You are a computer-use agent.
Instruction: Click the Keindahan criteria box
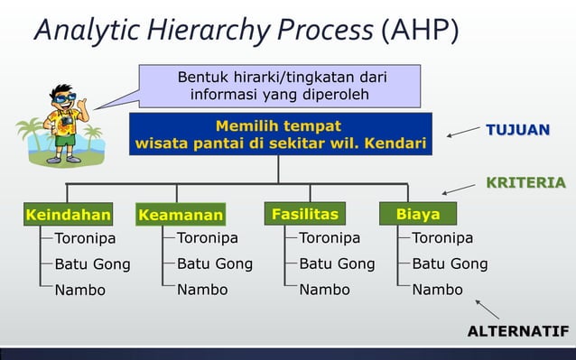[68, 215]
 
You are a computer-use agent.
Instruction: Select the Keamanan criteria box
[181, 216]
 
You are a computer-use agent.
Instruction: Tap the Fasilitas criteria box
[305, 214]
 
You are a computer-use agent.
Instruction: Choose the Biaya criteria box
[418, 214]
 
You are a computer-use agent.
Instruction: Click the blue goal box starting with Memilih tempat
[279, 134]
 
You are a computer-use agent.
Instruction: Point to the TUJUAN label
[517, 130]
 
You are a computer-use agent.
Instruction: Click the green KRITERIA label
[525, 183]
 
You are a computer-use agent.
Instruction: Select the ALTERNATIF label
[518, 331]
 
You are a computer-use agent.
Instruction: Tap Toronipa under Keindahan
[86, 239]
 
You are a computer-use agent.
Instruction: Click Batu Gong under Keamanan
[214, 264]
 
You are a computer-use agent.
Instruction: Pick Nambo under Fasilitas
[324, 290]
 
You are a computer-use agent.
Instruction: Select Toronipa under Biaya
[442, 238]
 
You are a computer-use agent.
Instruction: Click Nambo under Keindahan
[79, 291]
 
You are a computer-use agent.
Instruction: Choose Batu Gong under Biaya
[450, 264]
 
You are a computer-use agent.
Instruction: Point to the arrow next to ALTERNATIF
[487, 309]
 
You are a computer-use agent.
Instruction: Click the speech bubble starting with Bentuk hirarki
[280, 87]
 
